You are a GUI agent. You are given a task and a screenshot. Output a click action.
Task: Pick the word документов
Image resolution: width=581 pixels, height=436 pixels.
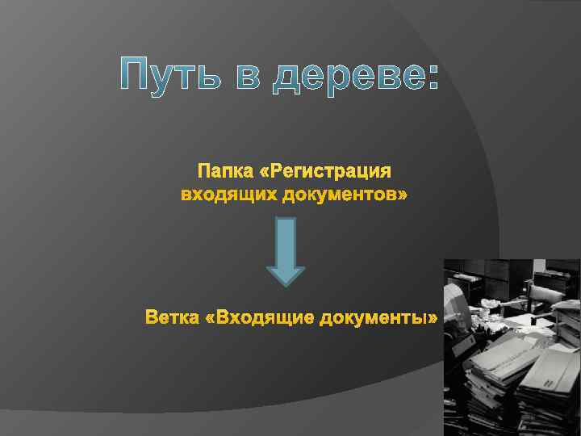[x=336, y=195]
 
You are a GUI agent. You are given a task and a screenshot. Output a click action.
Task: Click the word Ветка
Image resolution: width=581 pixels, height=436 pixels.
[x=173, y=318]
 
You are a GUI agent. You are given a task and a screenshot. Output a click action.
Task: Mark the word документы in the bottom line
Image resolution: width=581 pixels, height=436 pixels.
[x=373, y=318]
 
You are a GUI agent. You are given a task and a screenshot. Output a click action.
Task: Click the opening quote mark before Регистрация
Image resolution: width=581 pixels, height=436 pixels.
[x=267, y=173]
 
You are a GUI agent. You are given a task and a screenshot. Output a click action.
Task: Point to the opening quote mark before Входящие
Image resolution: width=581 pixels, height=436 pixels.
[x=212, y=319]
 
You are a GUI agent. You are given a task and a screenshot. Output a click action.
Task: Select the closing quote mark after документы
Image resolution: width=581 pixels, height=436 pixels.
[x=433, y=319]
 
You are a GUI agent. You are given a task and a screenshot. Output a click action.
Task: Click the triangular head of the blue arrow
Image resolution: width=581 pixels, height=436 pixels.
[x=286, y=275]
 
